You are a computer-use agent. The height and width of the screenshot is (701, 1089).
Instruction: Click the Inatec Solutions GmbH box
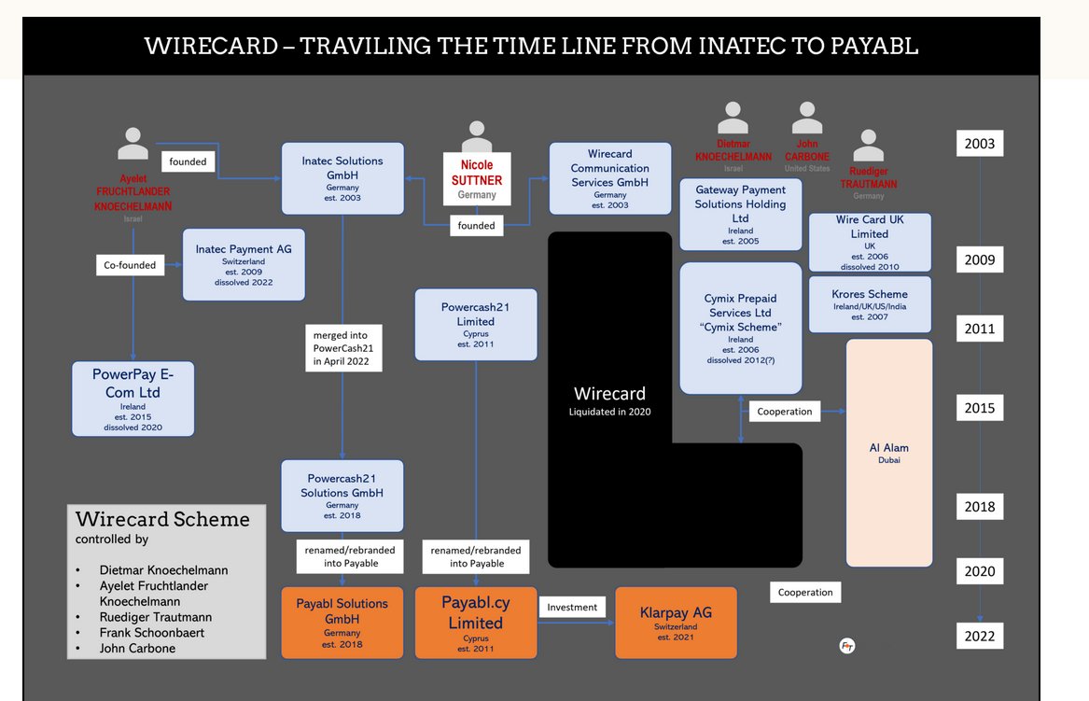342,177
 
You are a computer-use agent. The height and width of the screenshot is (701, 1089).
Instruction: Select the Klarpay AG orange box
676,622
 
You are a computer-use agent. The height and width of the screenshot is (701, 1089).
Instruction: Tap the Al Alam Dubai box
888,453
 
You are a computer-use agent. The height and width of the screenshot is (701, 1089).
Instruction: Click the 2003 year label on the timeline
979,144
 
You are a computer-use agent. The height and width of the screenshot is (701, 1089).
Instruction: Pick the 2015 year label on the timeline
979,408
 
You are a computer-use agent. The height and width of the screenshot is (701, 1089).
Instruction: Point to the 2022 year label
979,637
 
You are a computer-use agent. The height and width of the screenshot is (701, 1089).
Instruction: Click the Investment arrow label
572,607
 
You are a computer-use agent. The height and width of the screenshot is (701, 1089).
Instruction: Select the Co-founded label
130,265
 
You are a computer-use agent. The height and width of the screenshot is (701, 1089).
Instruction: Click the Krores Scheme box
869,304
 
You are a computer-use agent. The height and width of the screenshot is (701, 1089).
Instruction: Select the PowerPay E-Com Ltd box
133,399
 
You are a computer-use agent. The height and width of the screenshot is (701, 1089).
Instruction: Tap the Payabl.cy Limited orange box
476,623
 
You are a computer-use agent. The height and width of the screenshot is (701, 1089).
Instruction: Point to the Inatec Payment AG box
244,264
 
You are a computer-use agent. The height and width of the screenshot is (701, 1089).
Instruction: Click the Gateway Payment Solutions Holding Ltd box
740,215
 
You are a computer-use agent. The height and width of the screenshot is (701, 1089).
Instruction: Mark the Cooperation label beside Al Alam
785,411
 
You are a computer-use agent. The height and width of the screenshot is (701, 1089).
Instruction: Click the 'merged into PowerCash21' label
342,348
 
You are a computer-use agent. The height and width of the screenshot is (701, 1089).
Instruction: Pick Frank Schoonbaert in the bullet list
153,632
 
